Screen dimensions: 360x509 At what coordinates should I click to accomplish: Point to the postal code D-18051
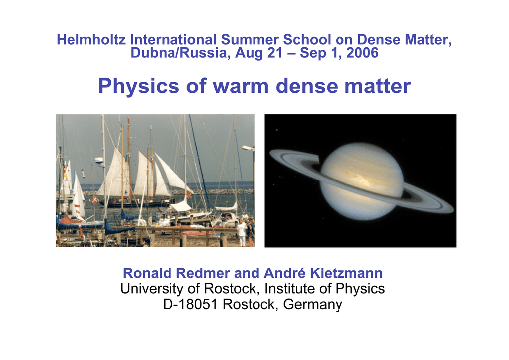tap(191, 304)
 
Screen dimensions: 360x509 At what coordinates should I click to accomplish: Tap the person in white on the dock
tap(242, 232)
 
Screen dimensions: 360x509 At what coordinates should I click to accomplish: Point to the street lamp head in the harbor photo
tap(247, 148)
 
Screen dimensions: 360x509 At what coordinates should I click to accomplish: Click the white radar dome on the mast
tap(99, 161)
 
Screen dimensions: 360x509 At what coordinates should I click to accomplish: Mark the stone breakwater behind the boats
tap(224, 191)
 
